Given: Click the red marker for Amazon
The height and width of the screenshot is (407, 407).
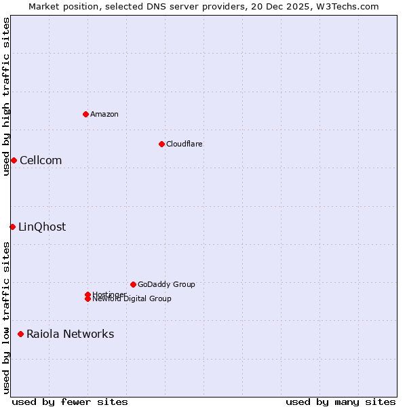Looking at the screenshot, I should pyautogui.click(x=85, y=114).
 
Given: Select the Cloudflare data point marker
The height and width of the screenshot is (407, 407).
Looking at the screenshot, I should pyautogui.click(x=161, y=144).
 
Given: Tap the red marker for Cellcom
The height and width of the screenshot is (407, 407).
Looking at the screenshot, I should pyautogui.click(x=14, y=160).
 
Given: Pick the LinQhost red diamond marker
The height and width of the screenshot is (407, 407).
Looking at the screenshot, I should pyautogui.click(x=12, y=227).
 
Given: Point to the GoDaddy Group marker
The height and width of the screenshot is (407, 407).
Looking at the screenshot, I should pyautogui.click(x=133, y=284).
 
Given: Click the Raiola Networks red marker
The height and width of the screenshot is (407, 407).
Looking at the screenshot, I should pyautogui.click(x=21, y=334).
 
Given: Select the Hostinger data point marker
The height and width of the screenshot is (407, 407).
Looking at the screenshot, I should pyautogui.click(x=88, y=294).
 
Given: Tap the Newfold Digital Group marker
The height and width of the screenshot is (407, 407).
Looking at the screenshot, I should pyautogui.click(x=88, y=299).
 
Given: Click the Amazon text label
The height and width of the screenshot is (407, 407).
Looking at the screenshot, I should pyautogui.click(x=104, y=114).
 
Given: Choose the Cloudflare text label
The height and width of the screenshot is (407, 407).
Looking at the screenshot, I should pyautogui.click(x=185, y=144).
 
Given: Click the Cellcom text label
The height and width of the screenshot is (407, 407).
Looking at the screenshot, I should pyautogui.click(x=41, y=160).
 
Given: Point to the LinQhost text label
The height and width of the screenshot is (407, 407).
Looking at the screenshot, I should pyautogui.click(x=42, y=227).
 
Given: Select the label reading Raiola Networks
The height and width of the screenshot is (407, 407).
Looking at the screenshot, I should pyautogui.click(x=70, y=334).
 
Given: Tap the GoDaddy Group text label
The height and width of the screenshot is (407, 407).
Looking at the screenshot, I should pyautogui.click(x=166, y=284).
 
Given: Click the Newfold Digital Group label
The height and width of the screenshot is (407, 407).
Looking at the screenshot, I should pyautogui.click(x=132, y=299).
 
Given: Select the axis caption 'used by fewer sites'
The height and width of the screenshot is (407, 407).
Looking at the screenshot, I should pyautogui.click(x=70, y=402).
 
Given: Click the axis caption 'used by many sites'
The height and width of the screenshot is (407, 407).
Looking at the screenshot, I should pyautogui.click(x=341, y=402).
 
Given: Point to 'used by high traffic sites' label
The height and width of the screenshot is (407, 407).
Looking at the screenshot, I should pyautogui.click(x=6, y=96).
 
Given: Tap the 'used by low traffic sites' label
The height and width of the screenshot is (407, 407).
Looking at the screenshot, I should pyautogui.click(x=6, y=317).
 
